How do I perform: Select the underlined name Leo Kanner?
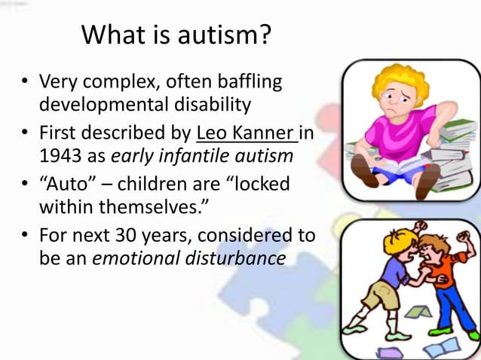pyautogui.click(x=246, y=134)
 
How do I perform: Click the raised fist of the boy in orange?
pyautogui.click(x=463, y=238)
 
